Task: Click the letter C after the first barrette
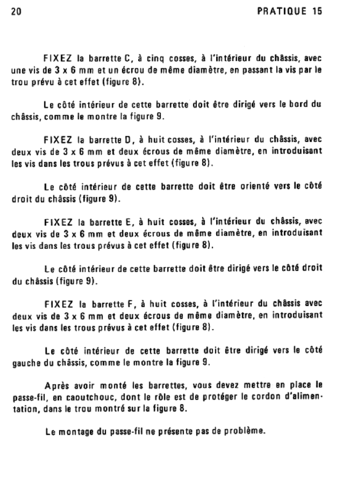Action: click(x=128, y=60)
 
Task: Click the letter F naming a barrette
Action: click(x=129, y=304)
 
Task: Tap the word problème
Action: click(x=248, y=430)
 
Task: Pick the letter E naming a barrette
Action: click(x=127, y=222)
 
